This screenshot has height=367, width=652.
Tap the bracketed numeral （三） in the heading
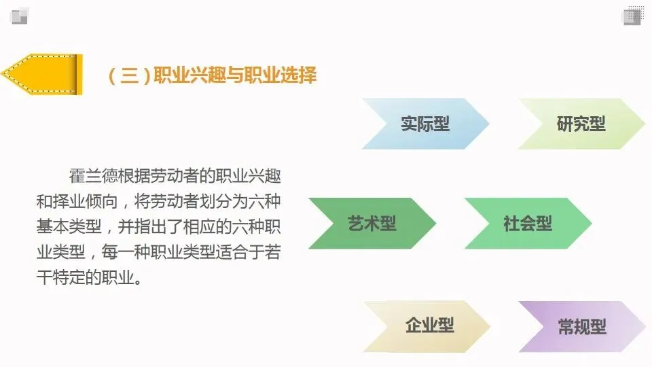(129, 75)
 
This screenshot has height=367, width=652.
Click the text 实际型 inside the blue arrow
(425, 124)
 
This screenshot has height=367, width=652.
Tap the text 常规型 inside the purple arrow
(582, 326)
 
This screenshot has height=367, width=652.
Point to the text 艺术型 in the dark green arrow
(372, 224)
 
